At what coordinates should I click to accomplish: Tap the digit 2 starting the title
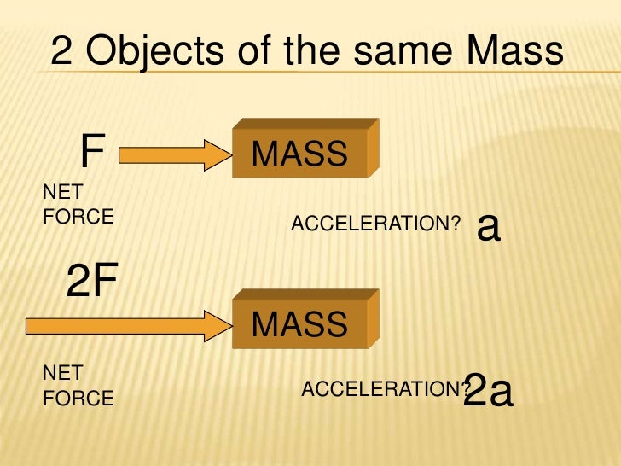pos(61,52)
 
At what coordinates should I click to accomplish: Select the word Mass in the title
pos(517,52)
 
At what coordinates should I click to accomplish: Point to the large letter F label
pos(92,153)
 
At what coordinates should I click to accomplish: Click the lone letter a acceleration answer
pos(488,226)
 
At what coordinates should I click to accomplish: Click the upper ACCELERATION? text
pos(376,224)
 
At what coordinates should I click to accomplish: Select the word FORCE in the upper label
pos(78,216)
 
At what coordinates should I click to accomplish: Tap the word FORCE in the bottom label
pos(78,398)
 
